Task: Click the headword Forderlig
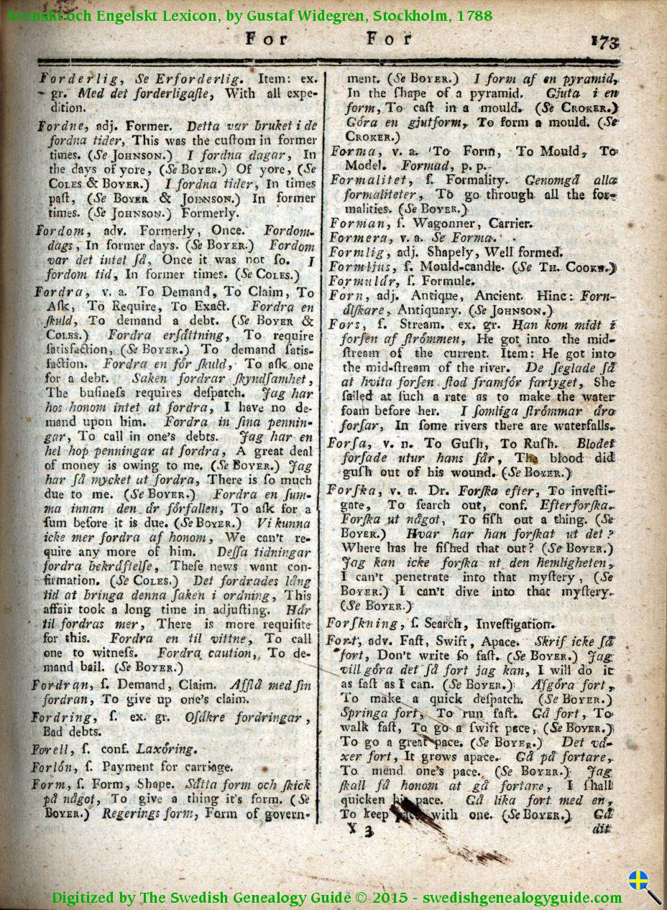coord(70,77)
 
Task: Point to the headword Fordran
coord(61,685)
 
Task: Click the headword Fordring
coord(62,717)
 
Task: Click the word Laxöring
coord(166,748)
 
